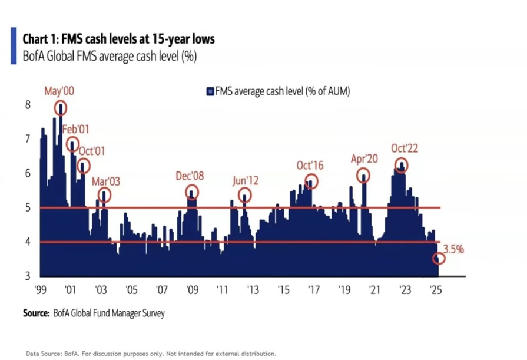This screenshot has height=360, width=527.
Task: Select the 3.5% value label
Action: (454, 249)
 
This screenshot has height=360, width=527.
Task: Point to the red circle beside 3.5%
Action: (439, 259)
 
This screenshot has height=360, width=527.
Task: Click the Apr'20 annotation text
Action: (363, 159)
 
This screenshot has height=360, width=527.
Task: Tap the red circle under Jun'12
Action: (244, 195)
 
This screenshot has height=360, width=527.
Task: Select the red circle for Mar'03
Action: (104, 195)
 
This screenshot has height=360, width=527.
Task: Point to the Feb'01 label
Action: (75, 129)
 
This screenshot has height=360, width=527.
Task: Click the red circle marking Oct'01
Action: (84, 166)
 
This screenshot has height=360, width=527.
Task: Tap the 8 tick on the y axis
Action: (27, 104)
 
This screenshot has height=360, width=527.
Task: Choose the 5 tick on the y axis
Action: (27, 207)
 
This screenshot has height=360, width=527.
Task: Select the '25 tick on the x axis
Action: (435, 290)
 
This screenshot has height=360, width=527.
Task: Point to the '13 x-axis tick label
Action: (253, 290)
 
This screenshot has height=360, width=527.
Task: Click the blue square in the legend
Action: (209, 91)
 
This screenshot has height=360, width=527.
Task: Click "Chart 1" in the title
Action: (40, 39)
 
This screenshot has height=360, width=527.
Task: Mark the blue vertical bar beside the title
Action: (13, 45)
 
